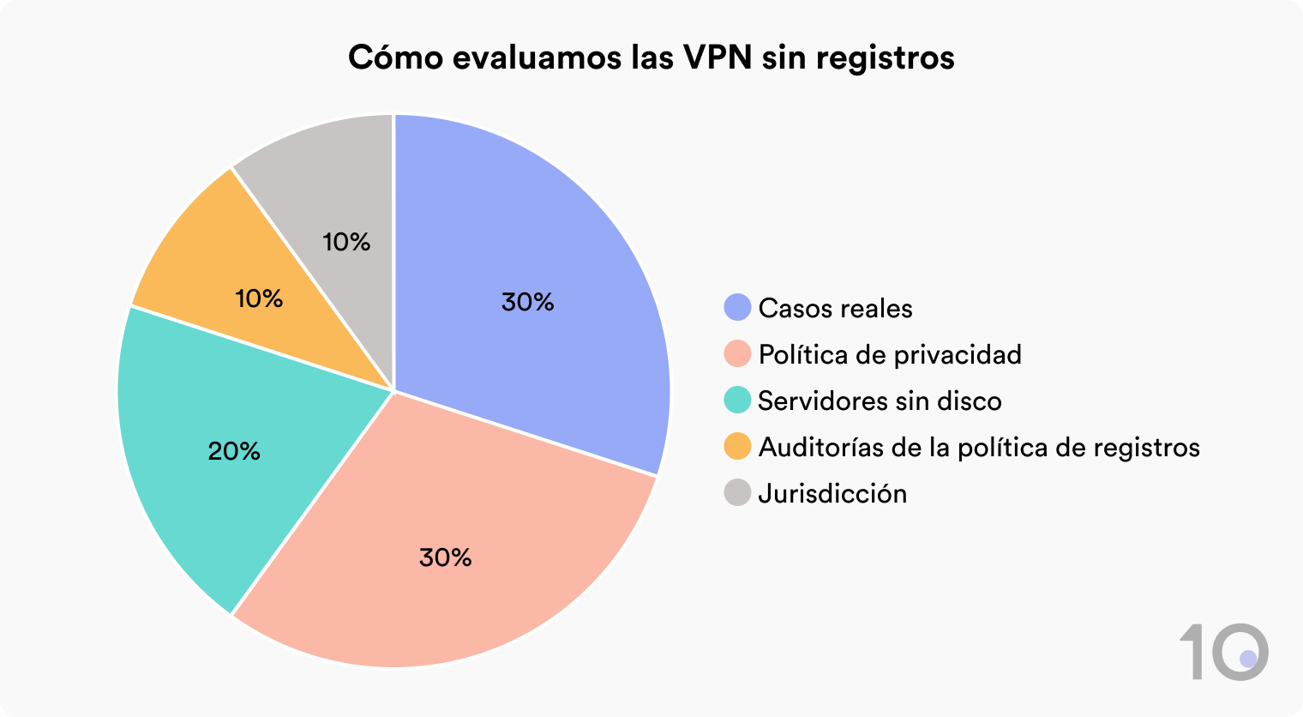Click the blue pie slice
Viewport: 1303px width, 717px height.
pyautogui.click(x=549, y=257)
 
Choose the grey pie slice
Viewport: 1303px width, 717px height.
pyautogui.click(x=334, y=189)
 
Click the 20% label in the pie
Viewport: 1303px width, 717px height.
pyautogui.click(x=234, y=451)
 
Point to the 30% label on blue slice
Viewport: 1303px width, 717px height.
pyautogui.click(x=528, y=302)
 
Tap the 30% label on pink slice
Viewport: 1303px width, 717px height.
pyautogui.click(x=446, y=557)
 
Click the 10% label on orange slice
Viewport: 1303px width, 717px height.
pyautogui.click(x=259, y=298)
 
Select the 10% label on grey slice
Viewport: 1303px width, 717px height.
pyautogui.click(x=346, y=242)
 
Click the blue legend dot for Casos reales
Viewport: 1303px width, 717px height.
pyautogui.click(x=737, y=308)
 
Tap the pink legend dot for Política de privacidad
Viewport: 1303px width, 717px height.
pyautogui.click(x=737, y=354)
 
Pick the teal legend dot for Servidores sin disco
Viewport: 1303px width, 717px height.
pyautogui.click(x=737, y=401)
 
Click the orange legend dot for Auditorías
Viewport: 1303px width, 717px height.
pyautogui.click(x=737, y=447)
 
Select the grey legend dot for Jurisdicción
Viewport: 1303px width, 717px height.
pyautogui.click(x=737, y=493)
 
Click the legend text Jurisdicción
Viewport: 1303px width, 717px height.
pyautogui.click(x=832, y=493)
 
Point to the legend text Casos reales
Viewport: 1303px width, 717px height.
pyautogui.click(x=836, y=308)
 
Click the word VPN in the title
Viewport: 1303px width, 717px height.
pyautogui.click(x=717, y=57)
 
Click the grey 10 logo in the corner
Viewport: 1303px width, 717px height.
pyautogui.click(x=1224, y=653)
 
